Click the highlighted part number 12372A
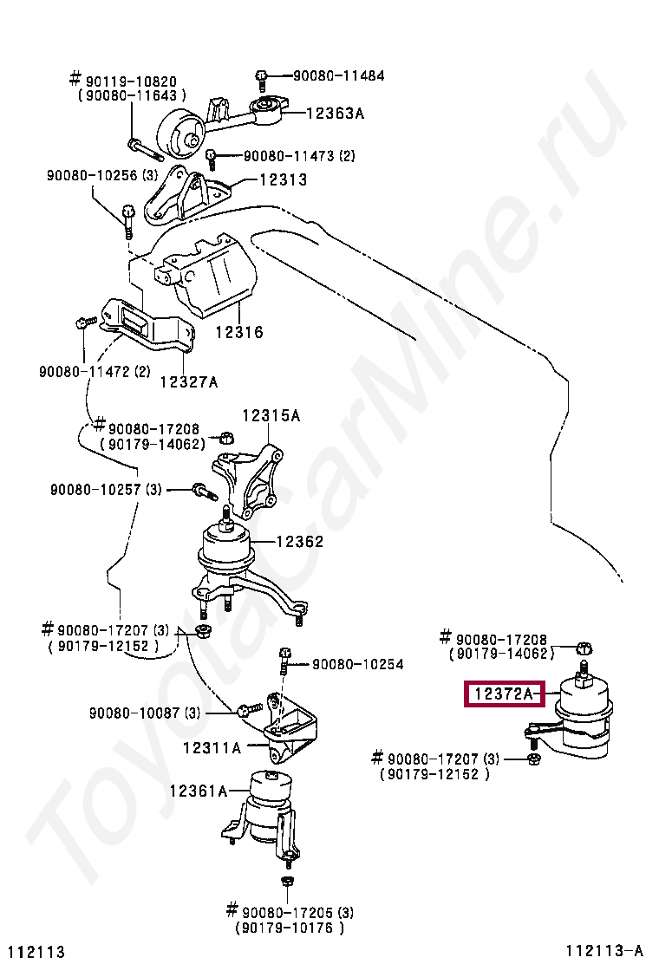pyautogui.click(x=504, y=694)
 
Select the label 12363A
pyautogui.click(x=335, y=113)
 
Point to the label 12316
pyautogui.click(x=239, y=332)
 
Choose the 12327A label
pyautogui.click(x=189, y=382)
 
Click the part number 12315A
pyautogui.click(x=271, y=416)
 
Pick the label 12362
pyautogui.click(x=300, y=542)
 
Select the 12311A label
pyautogui.click(x=212, y=746)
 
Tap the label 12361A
pyautogui.click(x=198, y=791)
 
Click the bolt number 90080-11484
pyautogui.click(x=338, y=76)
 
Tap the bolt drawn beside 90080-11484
pyautogui.click(x=262, y=80)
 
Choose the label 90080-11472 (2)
pyautogui.click(x=95, y=371)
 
